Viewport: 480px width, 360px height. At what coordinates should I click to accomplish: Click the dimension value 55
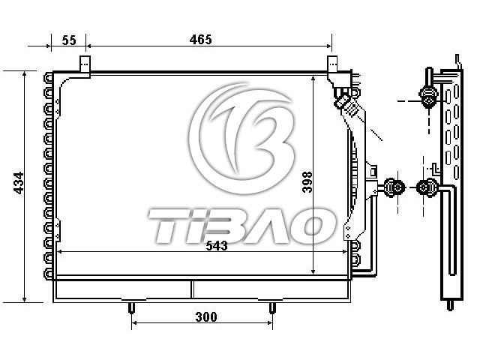point(69,40)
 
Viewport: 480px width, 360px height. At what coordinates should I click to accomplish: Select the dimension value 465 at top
point(200,40)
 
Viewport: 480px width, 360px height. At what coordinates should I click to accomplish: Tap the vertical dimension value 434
point(19,183)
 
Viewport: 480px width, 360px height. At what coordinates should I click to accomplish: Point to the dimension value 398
point(307,181)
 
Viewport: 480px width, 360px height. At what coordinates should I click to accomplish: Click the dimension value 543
point(217,245)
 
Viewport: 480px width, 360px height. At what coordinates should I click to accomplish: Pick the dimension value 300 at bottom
point(206,316)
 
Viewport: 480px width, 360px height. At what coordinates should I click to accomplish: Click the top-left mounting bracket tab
point(85,64)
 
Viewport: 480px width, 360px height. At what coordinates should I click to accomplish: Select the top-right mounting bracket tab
point(332,64)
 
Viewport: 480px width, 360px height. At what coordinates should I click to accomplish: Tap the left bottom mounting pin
point(131,307)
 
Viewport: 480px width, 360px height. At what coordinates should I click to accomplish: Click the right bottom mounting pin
point(272,307)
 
